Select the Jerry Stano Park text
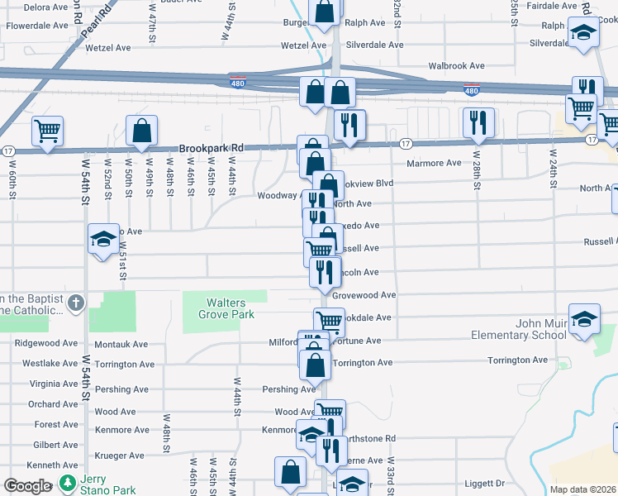(x=108, y=484)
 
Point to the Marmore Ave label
(x=433, y=163)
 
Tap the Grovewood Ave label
(x=364, y=294)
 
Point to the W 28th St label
(x=476, y=169)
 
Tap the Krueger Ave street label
(x=119, y=455)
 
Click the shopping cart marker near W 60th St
(x=47, y=130)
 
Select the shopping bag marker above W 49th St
(x=141, y=130)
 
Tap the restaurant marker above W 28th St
(x=478, y=122)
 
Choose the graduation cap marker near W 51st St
(x=103, y=239)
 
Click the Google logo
(x=27, y=486)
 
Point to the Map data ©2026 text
(x=583, y=489)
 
